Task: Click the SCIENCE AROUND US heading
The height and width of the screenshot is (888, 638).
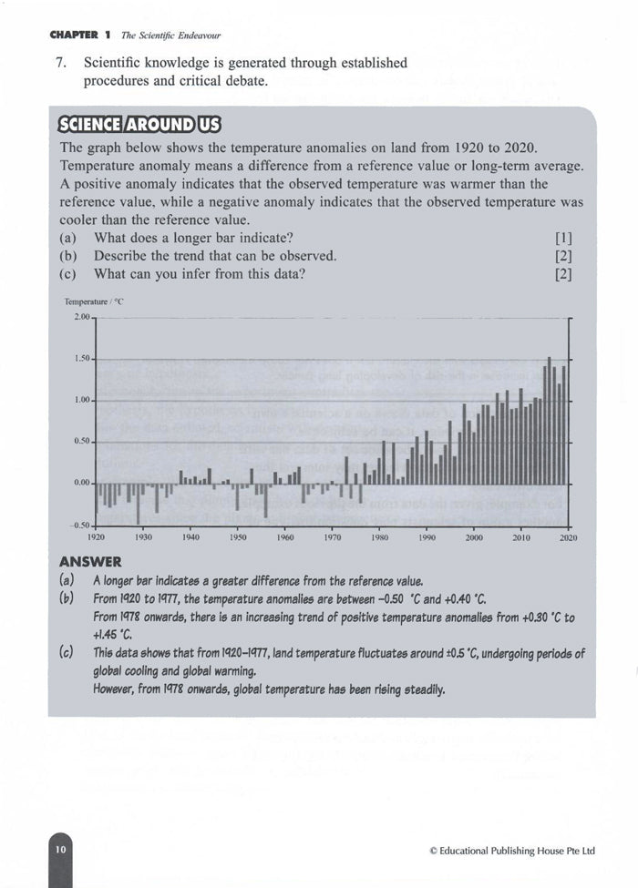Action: [139, 125]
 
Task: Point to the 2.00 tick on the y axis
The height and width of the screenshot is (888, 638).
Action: [80, 317]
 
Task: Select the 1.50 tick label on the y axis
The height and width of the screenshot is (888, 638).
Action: [80, 359]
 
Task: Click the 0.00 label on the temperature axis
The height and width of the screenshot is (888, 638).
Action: [80, 483]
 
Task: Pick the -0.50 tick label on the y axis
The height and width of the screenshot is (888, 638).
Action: [79, 525]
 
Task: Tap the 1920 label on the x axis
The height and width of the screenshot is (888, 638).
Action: [96, 538]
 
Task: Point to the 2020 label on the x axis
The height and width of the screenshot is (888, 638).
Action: [568, 538]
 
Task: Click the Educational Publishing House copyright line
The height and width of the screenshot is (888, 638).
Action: [511, 851]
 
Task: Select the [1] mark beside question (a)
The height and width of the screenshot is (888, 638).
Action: [562, 238]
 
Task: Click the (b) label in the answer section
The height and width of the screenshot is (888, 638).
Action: [67, 598]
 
